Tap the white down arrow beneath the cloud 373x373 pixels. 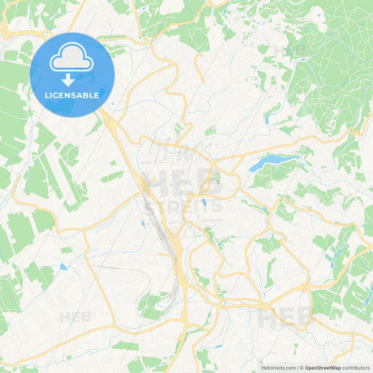point(72,80)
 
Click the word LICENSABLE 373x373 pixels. point(72,95)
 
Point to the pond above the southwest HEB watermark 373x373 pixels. point(63,267)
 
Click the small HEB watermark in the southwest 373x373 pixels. point(76,317)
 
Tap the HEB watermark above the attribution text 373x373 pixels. point(287,318)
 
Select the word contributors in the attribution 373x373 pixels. point(356,367)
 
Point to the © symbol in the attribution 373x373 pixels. point(302,367)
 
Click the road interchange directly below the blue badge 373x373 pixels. point(112,126)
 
